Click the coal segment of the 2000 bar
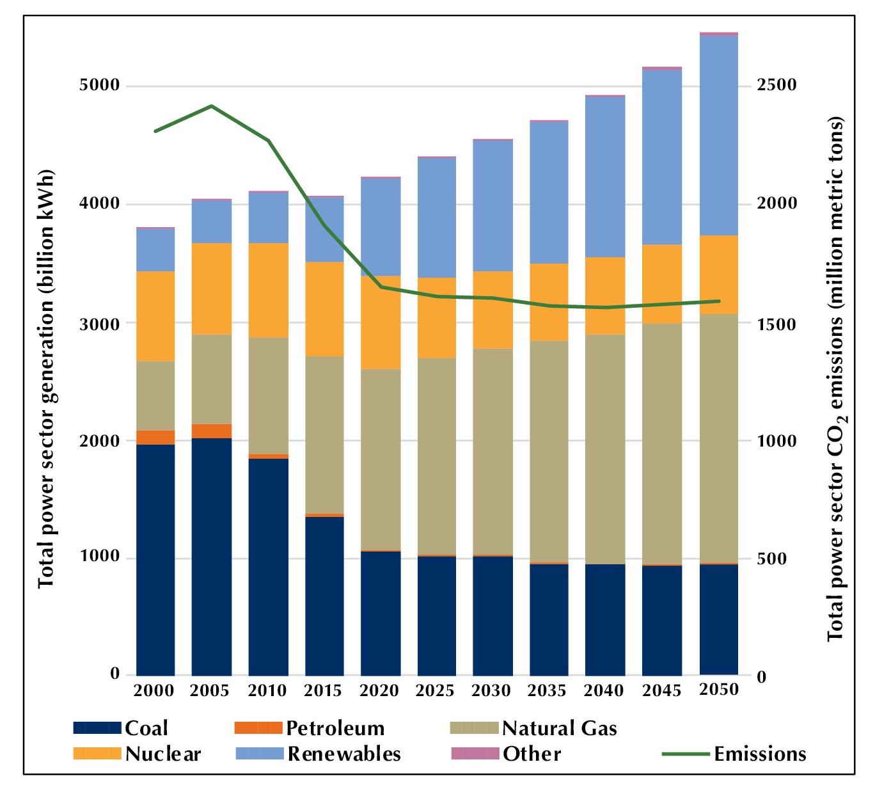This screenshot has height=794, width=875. click(x=155, y=560)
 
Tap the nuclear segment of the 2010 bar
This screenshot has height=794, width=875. click(x=268, y=290)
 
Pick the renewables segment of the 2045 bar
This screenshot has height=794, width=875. click(x=662, y=157)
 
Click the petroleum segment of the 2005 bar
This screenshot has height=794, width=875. click(x=212, y=431)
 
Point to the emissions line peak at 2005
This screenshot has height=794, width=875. click(x=212, y=106)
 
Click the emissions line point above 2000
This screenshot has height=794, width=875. click(x=155, y=131)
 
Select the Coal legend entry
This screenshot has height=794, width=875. click(x=121, y=728)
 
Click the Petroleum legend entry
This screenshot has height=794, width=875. click(x=310, y=728)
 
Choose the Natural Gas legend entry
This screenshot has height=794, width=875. click(x=534, y=728)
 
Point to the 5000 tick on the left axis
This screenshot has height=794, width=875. click(x=99, y=85)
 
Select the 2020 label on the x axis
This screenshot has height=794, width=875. click(x=379, y=691)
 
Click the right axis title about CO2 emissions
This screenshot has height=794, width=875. click(x=835, y=379)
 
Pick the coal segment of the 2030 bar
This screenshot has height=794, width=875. click(x=493, y=615)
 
